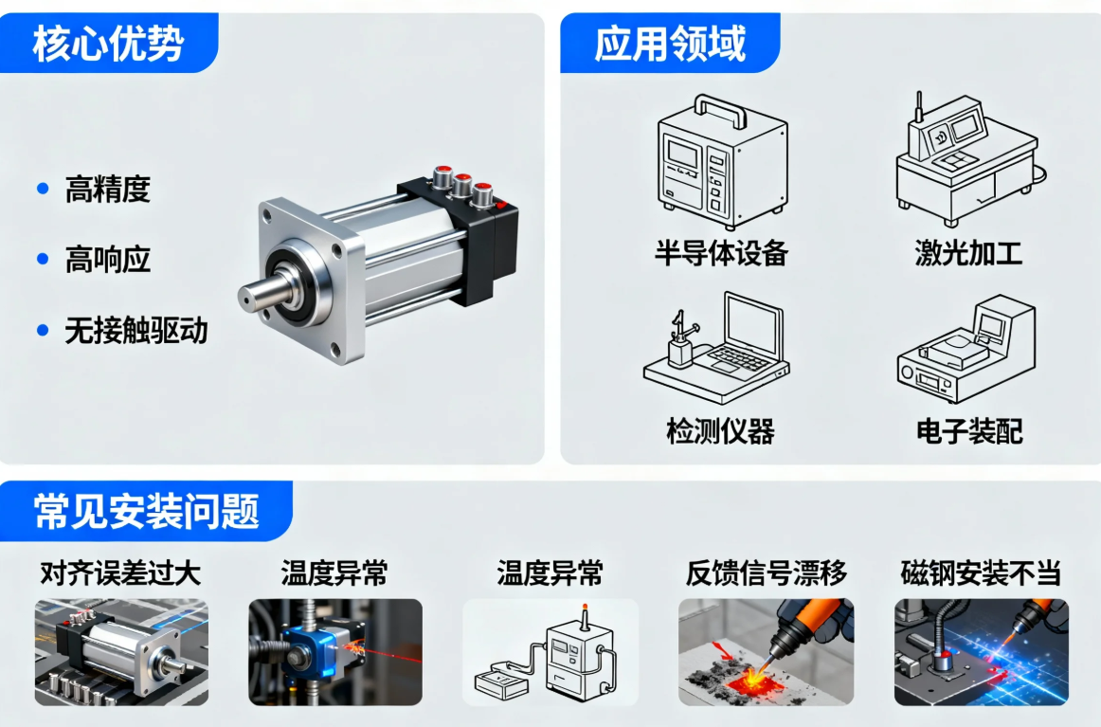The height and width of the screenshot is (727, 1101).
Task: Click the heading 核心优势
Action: pos(108,44)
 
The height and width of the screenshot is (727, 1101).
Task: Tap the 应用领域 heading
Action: pos(670,44)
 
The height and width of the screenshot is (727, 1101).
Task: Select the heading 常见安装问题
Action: pos(147,511)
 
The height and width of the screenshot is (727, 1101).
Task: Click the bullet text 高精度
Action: pos(107,190)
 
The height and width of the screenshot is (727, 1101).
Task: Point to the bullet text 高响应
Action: pos(107,260)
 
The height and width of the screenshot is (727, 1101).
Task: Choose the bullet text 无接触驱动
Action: pos(136,331)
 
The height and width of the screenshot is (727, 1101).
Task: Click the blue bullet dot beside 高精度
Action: pos(43,189)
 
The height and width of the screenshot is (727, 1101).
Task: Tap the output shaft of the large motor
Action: pos(261,293)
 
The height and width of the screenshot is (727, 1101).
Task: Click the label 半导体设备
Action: pos(721,253)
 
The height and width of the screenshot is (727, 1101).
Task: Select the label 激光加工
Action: pos(968,253)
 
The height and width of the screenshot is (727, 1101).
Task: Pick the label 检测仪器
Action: pos(720,430)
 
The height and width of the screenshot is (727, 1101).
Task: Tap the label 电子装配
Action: pos(969,430)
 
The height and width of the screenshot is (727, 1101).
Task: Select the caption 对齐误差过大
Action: pos(120,573)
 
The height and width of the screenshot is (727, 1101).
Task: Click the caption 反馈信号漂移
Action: pos(767,573)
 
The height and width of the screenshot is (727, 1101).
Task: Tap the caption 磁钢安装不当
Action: pos(981,573)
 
